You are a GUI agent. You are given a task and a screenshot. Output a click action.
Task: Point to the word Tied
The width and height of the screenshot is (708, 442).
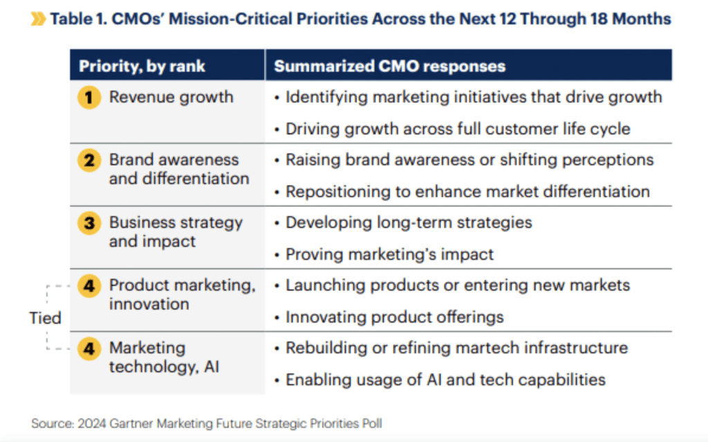coord(45,318)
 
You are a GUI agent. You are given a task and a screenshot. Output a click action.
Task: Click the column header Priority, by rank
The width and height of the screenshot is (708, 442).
coord(142,66)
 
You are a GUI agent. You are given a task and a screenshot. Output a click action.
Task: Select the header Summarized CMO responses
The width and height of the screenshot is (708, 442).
coord(389,66)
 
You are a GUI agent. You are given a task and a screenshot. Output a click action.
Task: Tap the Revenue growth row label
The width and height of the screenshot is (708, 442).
coord(171,97)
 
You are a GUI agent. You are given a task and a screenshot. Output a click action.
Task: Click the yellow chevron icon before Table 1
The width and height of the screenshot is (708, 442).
coord(39,19)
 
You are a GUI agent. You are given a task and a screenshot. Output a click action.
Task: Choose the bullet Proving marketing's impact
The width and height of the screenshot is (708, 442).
coord(390,254)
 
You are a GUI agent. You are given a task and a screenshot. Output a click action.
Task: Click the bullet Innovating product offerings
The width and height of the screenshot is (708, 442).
coord(395,317)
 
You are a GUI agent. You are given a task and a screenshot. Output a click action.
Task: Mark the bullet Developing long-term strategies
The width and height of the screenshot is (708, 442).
coord(409,222)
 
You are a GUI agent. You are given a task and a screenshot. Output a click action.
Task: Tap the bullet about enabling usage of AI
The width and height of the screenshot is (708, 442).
coord(446,380)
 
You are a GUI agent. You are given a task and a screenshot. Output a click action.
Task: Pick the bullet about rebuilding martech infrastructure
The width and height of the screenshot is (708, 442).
coord(457,347)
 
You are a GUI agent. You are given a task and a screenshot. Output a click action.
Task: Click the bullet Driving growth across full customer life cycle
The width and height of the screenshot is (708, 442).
coord(458,128)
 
